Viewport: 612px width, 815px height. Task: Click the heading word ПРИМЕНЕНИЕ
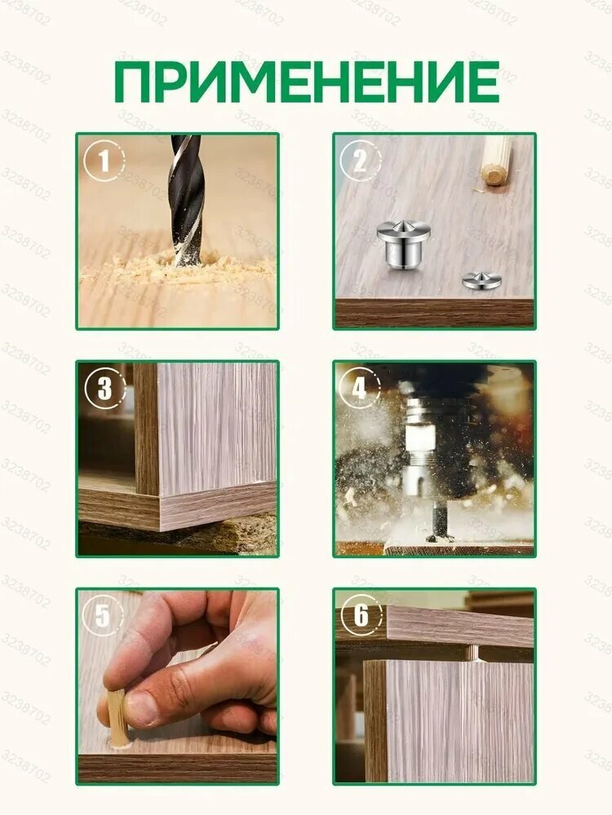[x=307, y=81]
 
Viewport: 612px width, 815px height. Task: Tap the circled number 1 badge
[x=104, y=161]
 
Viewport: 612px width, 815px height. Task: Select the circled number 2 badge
[x=360, y=161]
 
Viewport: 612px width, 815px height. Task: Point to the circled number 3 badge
[x=104, y=388]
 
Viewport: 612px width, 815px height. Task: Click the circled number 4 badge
[x=360, y=388]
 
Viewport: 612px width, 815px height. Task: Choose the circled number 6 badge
[x=360, y=615]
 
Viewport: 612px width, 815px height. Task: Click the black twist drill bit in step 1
[x=186, y=200]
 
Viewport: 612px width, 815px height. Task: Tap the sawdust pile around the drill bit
[x=177, y=267]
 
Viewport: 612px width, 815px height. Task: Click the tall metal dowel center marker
[x=403, y=244]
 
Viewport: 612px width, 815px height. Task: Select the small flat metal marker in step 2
[x=481, y=280]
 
